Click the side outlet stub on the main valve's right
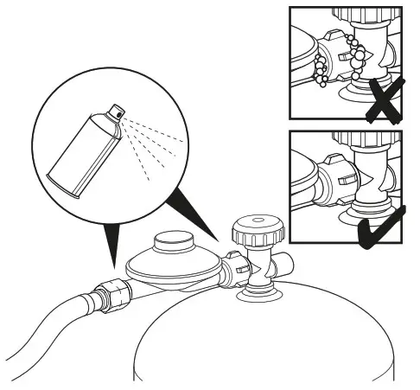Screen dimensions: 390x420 pyautogui.click(x=284, y=270)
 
